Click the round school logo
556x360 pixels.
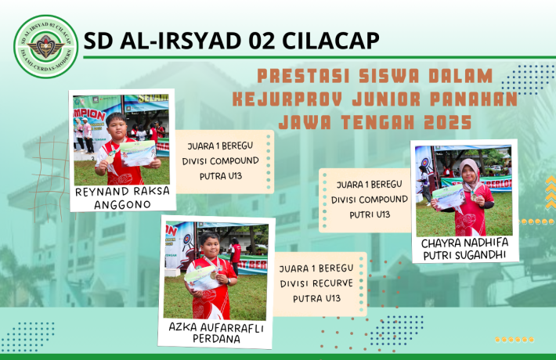click(x=46, y=46)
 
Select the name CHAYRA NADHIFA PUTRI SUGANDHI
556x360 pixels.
click(x=464, y=248)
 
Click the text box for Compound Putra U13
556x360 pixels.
click(x=223, y=160)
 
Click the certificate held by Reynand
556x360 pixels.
click(x=137, y=154)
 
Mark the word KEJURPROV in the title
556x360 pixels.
click(x=273, y=99)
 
